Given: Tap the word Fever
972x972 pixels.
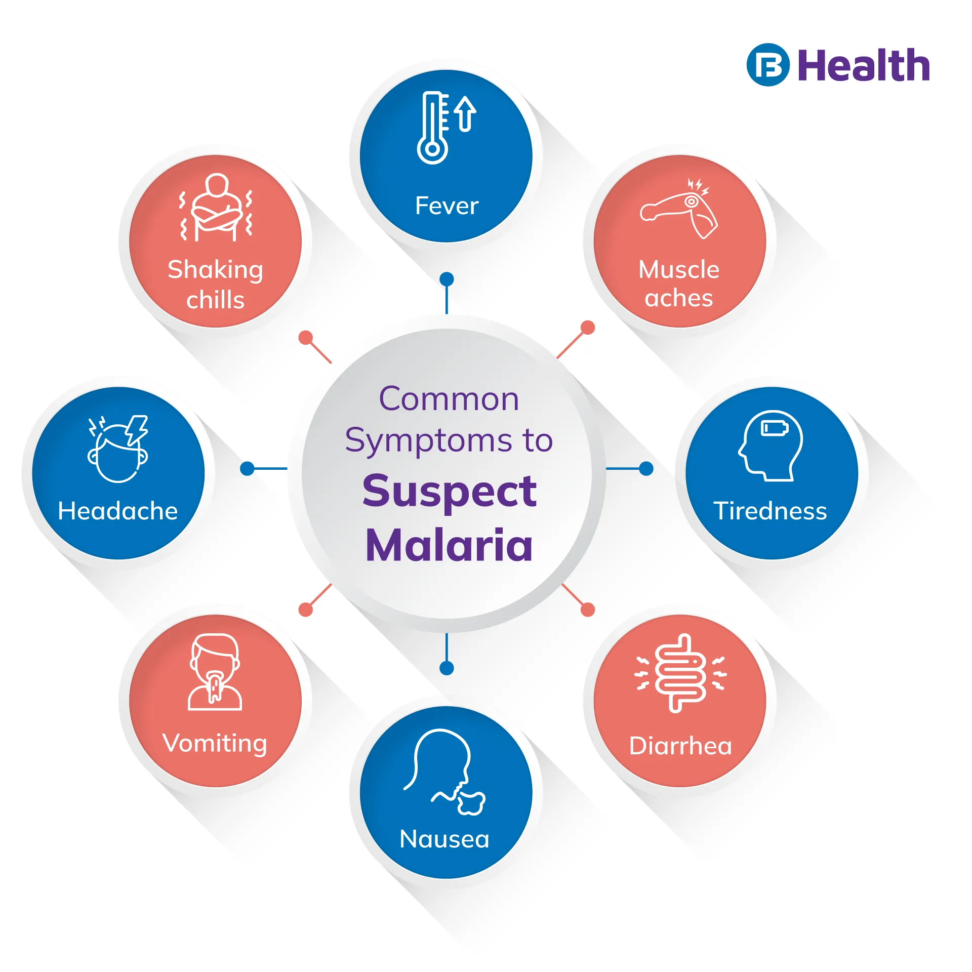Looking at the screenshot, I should pos(447,206).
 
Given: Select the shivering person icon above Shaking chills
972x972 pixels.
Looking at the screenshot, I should pos(216,208).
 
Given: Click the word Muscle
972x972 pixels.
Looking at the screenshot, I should pos(678,269).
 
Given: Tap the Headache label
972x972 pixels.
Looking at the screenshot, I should pos(118,510).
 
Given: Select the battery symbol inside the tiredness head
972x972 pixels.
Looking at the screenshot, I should pos(775,428).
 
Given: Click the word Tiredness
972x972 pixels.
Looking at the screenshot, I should pos(770,510).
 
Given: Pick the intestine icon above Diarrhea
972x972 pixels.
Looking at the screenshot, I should pos(680,673).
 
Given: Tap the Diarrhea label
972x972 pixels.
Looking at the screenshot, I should pos(680,746).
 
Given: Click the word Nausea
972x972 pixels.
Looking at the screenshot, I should pos(444,839).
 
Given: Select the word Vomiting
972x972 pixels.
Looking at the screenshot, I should pos(215,743).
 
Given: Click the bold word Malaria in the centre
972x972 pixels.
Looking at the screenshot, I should pos(449,545).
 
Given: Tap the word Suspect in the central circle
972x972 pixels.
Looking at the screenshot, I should pos(450,491).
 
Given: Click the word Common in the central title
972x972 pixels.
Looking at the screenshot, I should pos(449,399).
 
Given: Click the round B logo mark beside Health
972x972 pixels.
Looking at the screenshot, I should pos(768,65).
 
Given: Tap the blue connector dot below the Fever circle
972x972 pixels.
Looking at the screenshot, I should pos(447,279).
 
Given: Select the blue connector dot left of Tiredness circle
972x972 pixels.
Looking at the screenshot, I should pos(646,469).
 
